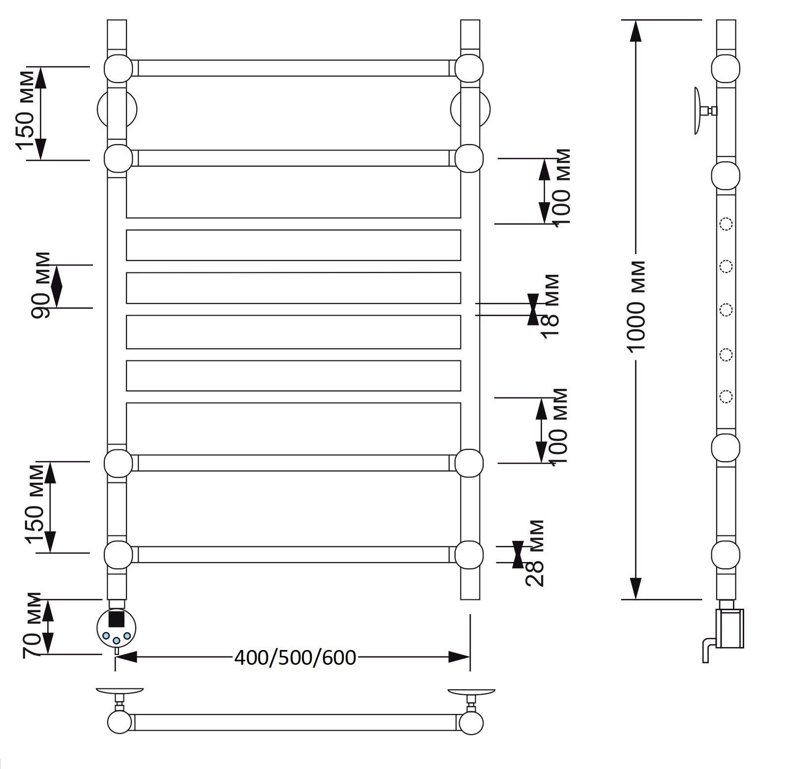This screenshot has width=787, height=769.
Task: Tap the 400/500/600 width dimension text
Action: pyautogui.click(x=295, y=657)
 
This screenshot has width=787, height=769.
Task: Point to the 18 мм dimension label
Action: pyautogui.click(x=550, y=307)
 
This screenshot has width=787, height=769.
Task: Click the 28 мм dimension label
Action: pyautogui.click(x=535, y=553)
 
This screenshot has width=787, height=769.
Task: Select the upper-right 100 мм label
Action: pyautogui.click(x=561, y=187)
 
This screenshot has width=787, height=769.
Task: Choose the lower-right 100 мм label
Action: pyautogui.click(x=559, y=426)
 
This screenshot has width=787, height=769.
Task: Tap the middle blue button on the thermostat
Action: pyautogui.click(x=117, y=641)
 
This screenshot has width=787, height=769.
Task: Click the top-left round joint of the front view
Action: pyautogui.click(x=118, y=68)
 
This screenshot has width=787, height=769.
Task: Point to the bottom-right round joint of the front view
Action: pyautogui.click(x=469, y=555)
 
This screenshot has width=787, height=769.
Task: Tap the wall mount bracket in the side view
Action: pyautogui.click(x=705, y=111)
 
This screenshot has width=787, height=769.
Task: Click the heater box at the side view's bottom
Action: pyautogui.click(x=730, y=628)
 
